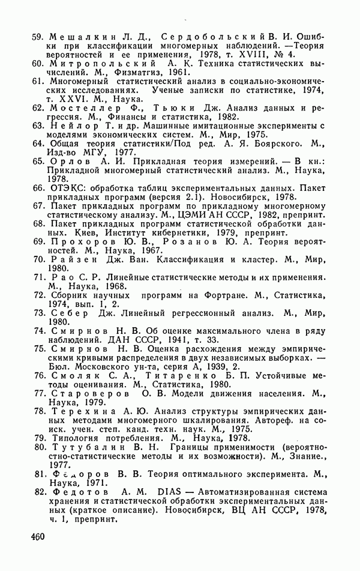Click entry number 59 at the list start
pos(38,35)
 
